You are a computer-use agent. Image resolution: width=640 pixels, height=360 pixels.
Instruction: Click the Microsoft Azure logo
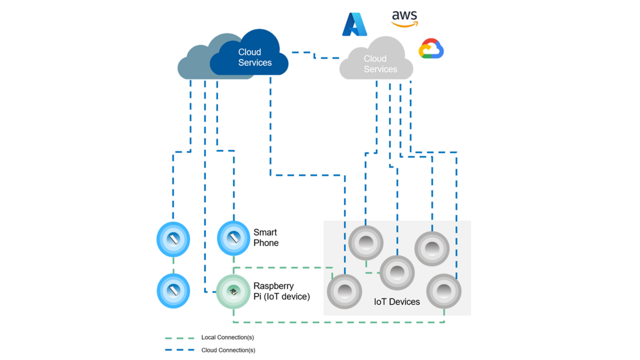pos(354,25)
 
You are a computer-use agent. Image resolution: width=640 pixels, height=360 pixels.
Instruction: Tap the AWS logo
pos(404,19)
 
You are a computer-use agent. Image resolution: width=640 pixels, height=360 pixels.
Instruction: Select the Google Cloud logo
pos(431,49)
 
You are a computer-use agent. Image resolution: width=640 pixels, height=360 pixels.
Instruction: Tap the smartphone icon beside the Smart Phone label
pos(233,238)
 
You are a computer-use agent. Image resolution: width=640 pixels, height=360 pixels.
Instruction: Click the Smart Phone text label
pos(266,238)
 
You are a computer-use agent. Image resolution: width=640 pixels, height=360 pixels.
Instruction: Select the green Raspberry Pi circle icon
pos(233,292)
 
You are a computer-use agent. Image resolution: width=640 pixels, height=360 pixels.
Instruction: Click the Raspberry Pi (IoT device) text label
pos(281,292)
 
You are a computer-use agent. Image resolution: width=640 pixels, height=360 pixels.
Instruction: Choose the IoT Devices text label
pos(397,302)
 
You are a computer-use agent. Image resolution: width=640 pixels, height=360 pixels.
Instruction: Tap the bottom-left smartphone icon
pos(174,290)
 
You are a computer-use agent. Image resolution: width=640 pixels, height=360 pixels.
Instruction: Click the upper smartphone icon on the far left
pos(174,239)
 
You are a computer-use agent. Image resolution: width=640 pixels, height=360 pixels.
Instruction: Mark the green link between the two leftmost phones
pos(174,265)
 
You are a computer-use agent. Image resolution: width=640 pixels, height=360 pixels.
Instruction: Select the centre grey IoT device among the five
pos(397,272)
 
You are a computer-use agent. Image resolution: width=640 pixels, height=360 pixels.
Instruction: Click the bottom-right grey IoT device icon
pos(443,291)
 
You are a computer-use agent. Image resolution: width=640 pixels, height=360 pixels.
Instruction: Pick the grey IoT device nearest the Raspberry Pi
pos(345,291)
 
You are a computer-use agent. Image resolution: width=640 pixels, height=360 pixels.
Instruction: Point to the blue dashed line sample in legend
pos(179,350)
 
